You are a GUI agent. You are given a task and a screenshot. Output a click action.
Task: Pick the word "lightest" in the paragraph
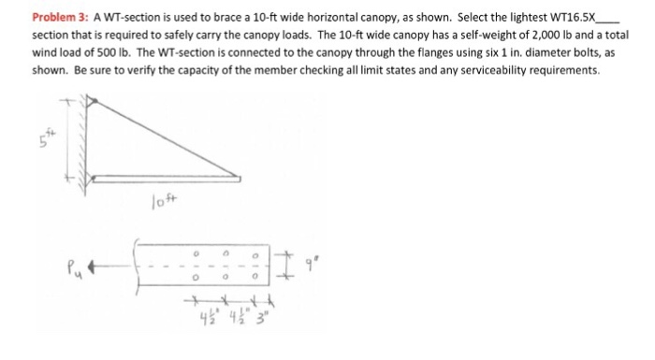point(529,17)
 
